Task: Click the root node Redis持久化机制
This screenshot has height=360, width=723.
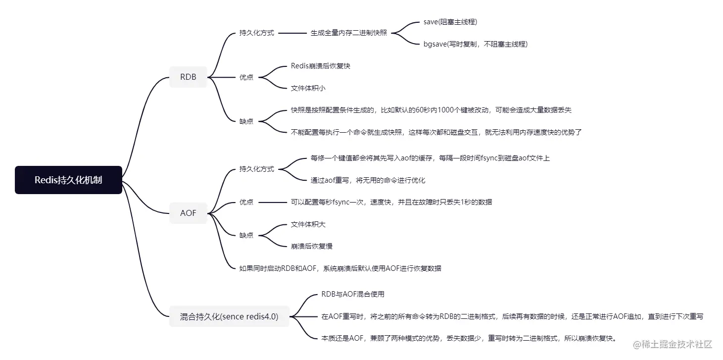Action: [x=68, y=180]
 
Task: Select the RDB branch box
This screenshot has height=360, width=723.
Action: [x=188, y=77]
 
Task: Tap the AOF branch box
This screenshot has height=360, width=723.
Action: [x=188, y=213]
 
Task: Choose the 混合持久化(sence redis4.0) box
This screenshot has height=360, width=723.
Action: [x=229, y=316]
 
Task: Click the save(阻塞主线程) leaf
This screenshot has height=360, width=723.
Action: [x=450, y=22]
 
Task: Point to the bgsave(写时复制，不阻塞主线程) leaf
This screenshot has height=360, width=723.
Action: [x=475, y=44]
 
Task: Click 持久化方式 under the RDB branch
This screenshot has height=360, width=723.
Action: [x=256, y=33]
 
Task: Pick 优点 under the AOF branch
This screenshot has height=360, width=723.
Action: [x=246, y=202]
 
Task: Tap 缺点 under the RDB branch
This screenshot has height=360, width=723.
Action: [x=246, y=121]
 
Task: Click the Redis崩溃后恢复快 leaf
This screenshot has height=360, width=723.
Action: [x=320, y=66]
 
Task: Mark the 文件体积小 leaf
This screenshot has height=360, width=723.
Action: [x=308, y=88]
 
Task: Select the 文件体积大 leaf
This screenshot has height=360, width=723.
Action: [x=308, y=224]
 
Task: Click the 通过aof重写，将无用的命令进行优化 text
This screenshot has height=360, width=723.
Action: [x=368, y=180]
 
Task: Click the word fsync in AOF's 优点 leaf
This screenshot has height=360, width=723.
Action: [x=341, y=202]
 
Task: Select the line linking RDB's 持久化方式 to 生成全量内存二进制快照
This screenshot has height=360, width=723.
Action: [x=293, y=33]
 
